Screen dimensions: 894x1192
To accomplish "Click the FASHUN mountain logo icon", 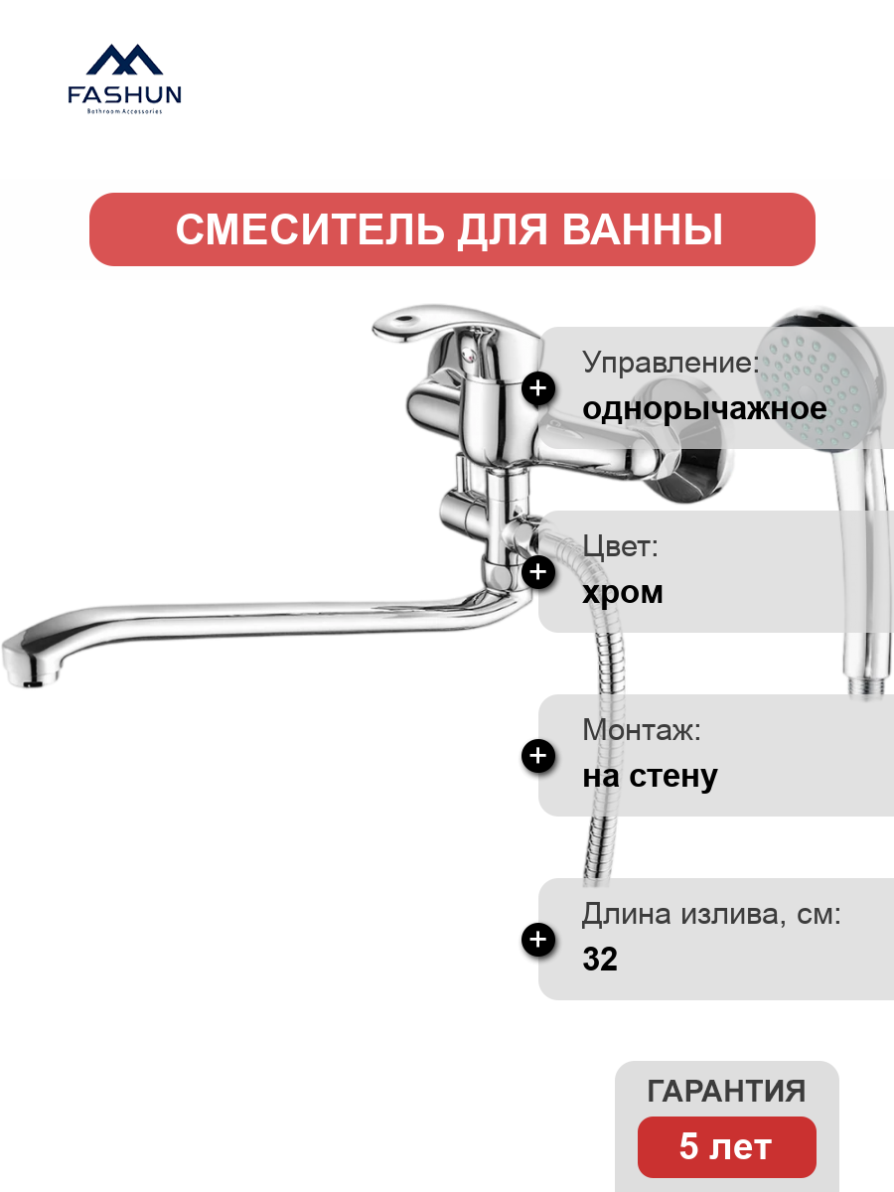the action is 124,60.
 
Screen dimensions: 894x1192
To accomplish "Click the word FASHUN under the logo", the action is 124,95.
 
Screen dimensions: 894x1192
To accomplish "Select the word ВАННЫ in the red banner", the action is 642,229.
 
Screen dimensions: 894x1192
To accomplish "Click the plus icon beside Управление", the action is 538,388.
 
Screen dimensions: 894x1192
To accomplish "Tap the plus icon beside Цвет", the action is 538,572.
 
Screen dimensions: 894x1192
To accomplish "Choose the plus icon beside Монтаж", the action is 538,756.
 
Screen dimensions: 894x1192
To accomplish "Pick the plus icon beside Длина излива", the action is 538,940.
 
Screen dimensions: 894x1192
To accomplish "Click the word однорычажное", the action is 704,409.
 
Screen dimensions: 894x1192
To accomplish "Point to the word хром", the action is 623,593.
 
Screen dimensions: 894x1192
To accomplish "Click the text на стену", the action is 650,777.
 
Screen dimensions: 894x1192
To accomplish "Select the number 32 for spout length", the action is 600,959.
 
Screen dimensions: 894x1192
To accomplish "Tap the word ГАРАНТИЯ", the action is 726,1091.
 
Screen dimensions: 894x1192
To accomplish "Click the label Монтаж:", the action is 642,730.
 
